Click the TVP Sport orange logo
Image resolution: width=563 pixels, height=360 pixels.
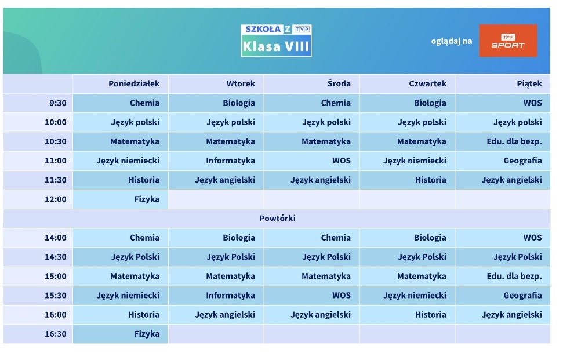tap(508, 41)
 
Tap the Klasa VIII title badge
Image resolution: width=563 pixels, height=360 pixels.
tap(276, 41)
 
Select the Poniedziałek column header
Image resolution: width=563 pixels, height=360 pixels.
tap(134, 83)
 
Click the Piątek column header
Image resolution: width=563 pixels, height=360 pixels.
tap(529, 83)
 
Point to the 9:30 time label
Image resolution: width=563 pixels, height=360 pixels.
tap(58, 103)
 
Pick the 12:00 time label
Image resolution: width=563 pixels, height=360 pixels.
tap(56, 199)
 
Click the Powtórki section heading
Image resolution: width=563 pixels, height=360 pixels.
tap(278, 218)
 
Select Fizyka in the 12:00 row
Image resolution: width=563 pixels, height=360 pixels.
tap(147, 199)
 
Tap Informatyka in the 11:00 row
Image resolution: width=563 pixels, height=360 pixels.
tap(231, 161)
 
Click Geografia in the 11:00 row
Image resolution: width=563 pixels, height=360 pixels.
tap(522, 161)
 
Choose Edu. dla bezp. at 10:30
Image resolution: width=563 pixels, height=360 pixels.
tap(514, 141)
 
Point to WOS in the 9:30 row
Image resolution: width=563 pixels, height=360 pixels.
tap(532, 103)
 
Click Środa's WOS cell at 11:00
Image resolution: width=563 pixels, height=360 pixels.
tap(341, 161)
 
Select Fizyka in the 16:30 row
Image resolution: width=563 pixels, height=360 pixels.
tap(147, 334)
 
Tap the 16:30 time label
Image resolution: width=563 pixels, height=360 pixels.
tap(56, 334)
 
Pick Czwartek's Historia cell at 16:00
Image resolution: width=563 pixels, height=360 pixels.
tap(430, 315)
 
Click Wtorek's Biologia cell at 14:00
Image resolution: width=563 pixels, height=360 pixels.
tap(239, 238)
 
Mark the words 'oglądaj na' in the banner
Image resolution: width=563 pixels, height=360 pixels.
tap(452, 41)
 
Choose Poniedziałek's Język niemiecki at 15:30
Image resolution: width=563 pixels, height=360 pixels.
tap(128, 296)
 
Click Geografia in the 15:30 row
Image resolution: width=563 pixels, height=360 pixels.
tap(522, 296)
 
